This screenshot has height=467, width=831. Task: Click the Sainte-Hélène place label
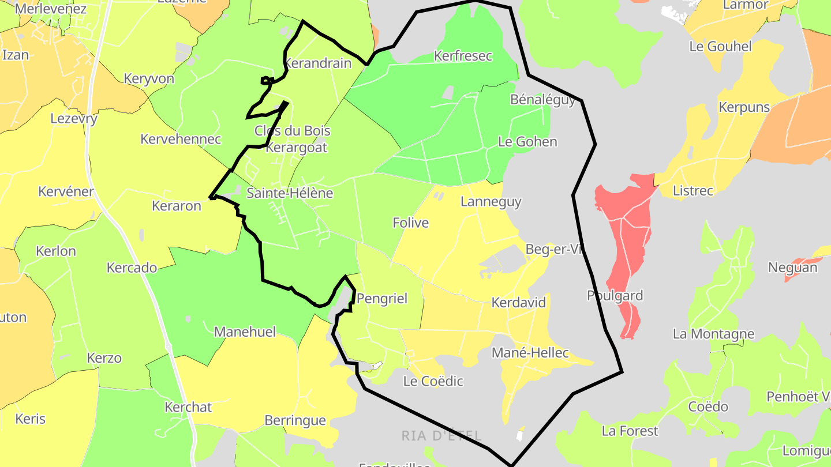pyautogui.click(x=290, y=193)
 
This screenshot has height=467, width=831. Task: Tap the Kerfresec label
pyautogui.click(x=463, y=56)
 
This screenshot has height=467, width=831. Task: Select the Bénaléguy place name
pyautogui.click(x=542, y=100)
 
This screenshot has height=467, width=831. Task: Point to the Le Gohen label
pyautogui.click(x=527, y=142)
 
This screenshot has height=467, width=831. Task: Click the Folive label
pyautogui.click(x=410, y=223)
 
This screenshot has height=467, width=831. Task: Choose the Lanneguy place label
pyautogui.click(x=491, y=202)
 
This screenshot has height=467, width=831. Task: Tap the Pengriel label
pyautogui.click(x=381, y=298)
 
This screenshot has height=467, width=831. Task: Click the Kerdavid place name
pyautogui.click(x=518, y=303)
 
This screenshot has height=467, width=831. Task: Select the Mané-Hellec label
pyautogui.click(x=530, y=353)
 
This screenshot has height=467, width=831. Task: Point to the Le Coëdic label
pyautogui.click(x=433, y=381)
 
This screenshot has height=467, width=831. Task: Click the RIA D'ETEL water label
pyautogui.click(x=441, y=435)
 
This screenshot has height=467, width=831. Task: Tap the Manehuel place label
pyautogui.click(x=245, y=332)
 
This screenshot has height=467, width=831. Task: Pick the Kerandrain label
pyautogui.click(x=319, y=63)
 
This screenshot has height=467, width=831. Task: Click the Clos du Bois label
pyautogui.click(x=293, y=131)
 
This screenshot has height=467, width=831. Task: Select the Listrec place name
pyautogui.click(x=693, y=190)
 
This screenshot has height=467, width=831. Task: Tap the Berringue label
pyautogui.click(x=295, y=420)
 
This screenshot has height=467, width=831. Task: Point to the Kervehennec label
pyautogui.click(x=181, y=139)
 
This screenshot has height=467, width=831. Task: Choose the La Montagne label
pyautogui.click(x=713, y=334)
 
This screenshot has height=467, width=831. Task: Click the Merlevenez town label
pyautogui.click(x=50, y=9)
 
